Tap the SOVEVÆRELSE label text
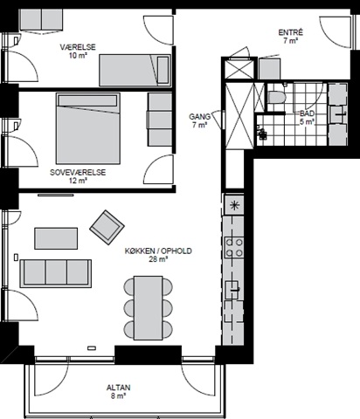[78, 172]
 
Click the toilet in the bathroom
[274, 97]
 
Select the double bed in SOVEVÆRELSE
[88, 128]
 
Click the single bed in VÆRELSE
[135, 70]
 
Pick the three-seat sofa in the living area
[56, 273]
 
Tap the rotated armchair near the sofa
[107, 227]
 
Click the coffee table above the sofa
[56, 238]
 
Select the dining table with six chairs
[148, 308]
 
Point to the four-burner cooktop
[234, 248]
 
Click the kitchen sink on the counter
[232, 290]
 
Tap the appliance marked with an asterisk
[234, 205]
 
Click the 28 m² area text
[158, 259]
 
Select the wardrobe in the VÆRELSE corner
[41, 20]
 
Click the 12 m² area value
[78, 181]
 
